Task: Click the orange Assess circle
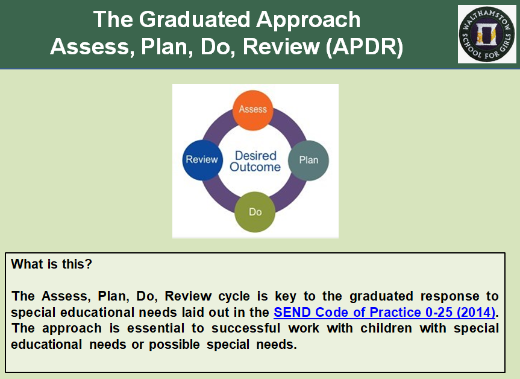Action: click(x=252, y=110)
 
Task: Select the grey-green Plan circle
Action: click(x=309, y=161)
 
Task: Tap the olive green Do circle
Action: click(x=255, y=212)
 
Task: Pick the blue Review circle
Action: click(x=202, y=160)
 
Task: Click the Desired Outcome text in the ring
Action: click(x=255, y=161)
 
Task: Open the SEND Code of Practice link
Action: click(x=384, y=313)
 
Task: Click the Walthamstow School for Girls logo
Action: click(x=486, y=34)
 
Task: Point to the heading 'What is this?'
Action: click(x=51, y=264)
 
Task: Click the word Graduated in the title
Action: click(x=195, y=19)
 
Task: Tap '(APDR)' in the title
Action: click(x=365, y=46)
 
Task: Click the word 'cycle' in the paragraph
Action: click(x=234, y=296)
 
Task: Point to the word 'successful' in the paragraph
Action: click(x=246, y=328)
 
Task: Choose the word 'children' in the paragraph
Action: click(x=386, y=328)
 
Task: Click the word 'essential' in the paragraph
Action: click(x=156, y=328)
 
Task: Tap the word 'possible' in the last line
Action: click(x=175, y=345)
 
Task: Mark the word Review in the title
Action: click(x=281, y=46)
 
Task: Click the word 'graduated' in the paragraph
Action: click(x=381, y=296)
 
